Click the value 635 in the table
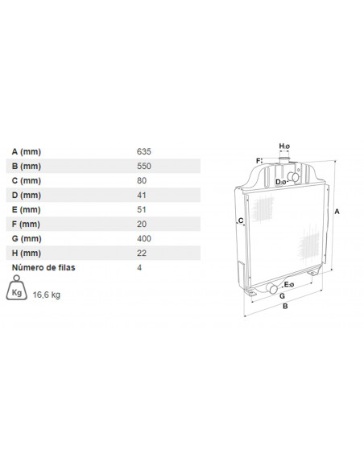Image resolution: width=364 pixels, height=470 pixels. [144, 151]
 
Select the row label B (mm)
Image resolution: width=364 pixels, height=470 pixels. [27, 166]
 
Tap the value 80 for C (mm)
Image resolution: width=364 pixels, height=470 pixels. [142, 180]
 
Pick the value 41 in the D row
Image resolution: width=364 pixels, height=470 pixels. [142, 195]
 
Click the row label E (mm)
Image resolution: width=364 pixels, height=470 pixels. [26, 209]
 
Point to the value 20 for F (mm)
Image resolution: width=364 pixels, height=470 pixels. [142, 224]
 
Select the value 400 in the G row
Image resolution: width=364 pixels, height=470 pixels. [144, 238]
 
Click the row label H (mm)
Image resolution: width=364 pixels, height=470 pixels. [27, 253]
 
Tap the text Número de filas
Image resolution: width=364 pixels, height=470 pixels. [43, 267]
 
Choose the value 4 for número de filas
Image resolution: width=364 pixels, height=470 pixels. [139, 267]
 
